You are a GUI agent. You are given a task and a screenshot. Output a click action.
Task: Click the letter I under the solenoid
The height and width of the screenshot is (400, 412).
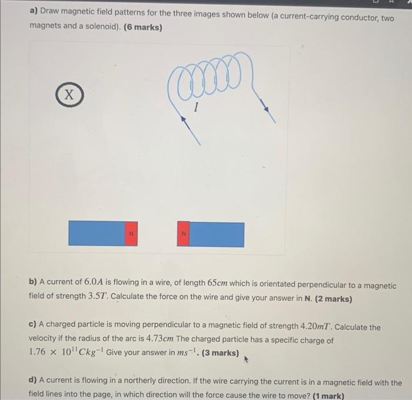click(x=196, y=108)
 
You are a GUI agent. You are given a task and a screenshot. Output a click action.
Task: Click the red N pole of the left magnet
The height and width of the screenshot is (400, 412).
click(x=131, y=234)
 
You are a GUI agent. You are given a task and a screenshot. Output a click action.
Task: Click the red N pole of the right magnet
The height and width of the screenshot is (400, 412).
click(x=184, y=234)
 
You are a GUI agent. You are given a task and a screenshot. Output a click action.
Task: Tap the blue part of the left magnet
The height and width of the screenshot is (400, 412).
click(x=97, y=234)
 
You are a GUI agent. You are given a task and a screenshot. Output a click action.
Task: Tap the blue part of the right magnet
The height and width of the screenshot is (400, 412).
click(x=217, y=234)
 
